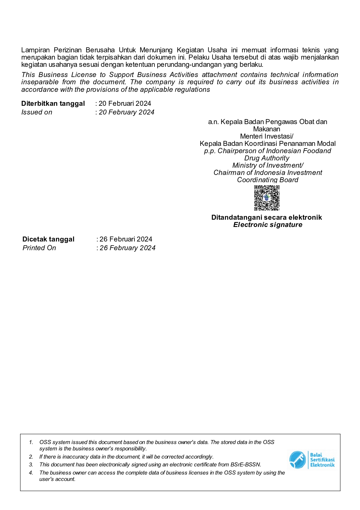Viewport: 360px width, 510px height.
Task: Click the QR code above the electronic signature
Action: point(267,198)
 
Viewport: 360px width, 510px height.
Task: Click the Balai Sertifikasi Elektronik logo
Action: point(312,460)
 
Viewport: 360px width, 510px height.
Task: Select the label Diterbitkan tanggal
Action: point(53,103)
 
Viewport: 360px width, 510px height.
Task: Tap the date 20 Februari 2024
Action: point(125,103)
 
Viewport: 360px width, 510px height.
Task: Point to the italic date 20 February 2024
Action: point(127,112)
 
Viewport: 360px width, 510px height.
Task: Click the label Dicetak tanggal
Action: point(48,239)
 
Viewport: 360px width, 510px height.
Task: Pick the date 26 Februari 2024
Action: point(126,239)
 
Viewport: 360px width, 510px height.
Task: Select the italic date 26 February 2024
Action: point(127,248)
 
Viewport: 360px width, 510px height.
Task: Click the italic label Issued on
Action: point(37,112)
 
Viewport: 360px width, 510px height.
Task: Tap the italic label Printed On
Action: point(39,248)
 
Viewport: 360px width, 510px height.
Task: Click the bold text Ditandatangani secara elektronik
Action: point(267,217)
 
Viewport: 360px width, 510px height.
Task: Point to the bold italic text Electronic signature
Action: point(268,225)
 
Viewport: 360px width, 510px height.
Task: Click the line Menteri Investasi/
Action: point(267,136)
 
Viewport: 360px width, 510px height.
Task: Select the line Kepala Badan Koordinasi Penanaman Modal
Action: point(267,144)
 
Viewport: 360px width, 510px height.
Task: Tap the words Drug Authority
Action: point(267,158)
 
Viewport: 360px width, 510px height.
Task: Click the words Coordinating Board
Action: point(268,180)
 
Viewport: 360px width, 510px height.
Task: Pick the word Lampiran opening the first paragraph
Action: point(35,50)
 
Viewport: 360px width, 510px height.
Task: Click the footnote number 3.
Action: point(31,465)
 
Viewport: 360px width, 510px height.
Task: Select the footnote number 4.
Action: point(31,473)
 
